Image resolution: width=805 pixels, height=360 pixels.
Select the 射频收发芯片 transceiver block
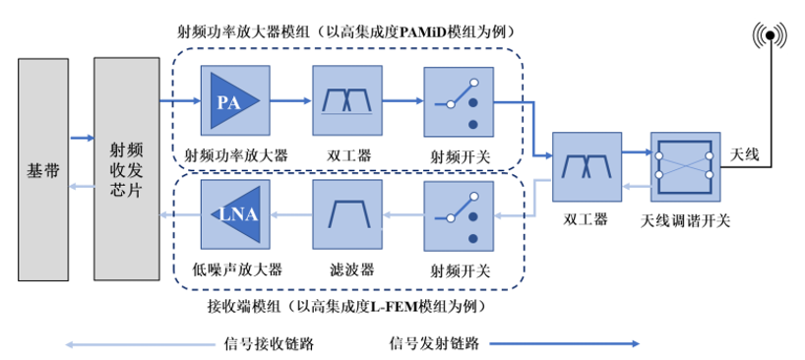(x=127, y=168)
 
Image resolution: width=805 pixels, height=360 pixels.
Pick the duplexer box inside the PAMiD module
(x=345, y=100)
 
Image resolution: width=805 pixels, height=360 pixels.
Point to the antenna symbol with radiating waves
(x=771, y=37)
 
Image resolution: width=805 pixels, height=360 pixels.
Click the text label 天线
(x=745, y=154)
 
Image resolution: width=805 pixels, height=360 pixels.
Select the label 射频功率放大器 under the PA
(x=235, y=154)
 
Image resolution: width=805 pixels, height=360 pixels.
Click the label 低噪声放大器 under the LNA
(x=235, y=267)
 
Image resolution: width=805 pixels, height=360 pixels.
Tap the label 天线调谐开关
(x=685, y=220)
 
